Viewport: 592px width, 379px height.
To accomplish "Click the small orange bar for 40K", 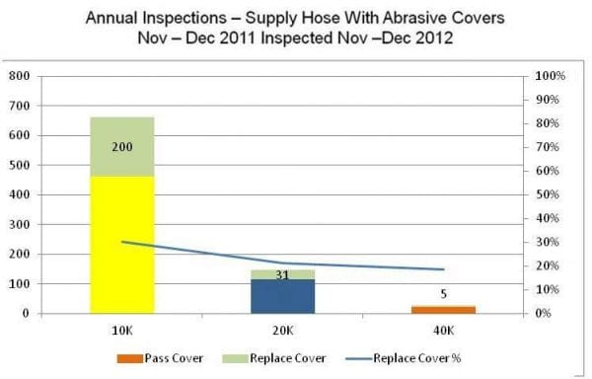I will point(443,310).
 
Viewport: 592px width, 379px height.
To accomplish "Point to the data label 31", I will point(282,275).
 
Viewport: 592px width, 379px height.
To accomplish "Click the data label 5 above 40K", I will point(443,293).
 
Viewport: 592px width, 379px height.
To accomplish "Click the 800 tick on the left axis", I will point(19,76).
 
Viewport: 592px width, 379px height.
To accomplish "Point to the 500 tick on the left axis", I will point(19,165).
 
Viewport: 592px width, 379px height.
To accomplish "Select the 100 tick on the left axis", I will point(19,284).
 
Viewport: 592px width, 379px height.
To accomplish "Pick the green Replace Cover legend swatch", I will point(241,357).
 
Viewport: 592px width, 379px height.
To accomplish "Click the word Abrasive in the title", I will point(358,20).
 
